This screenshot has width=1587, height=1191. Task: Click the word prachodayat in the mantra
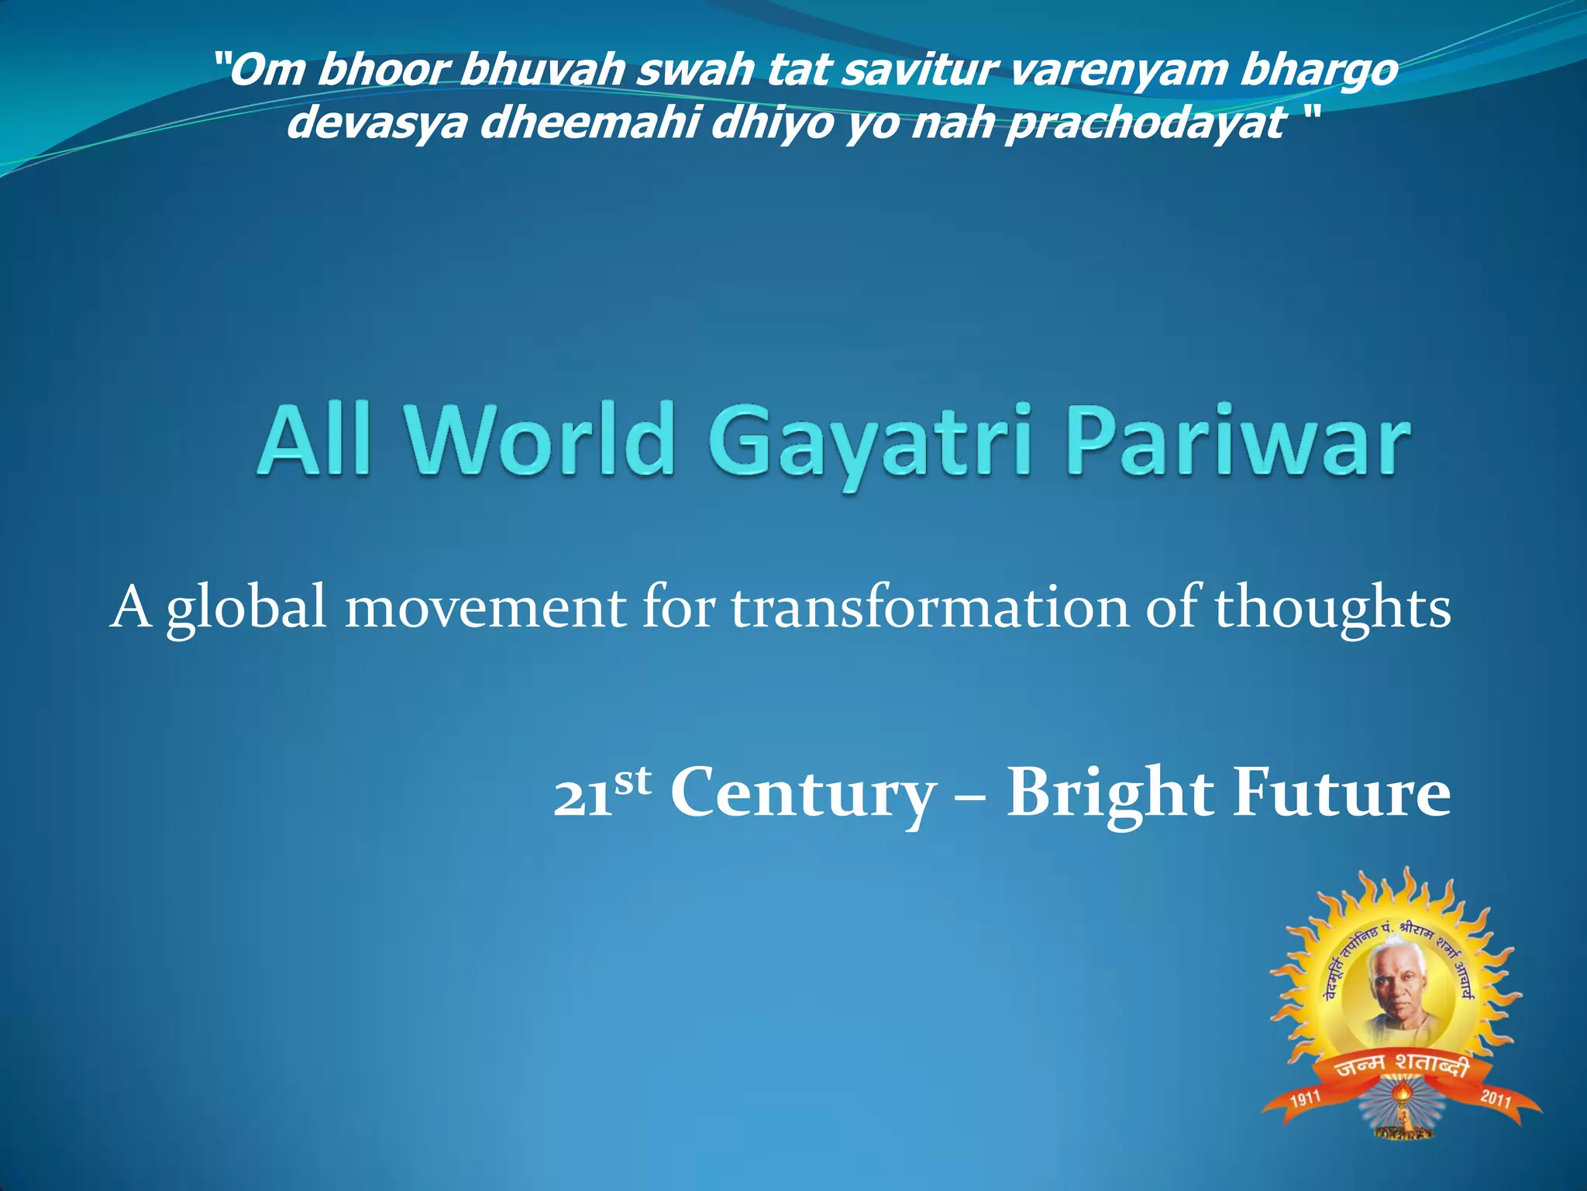click(x=1145, y=123)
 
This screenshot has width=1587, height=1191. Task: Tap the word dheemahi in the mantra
click(x=589, y=123)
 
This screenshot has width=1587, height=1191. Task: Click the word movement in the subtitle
click(x=485, y=609)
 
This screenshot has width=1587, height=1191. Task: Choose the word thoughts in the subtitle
click(x=1332, y=609)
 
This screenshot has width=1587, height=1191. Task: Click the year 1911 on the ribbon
click(x=1305, y=1100)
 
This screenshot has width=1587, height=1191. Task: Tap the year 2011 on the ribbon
click(x=1495, y=1098)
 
